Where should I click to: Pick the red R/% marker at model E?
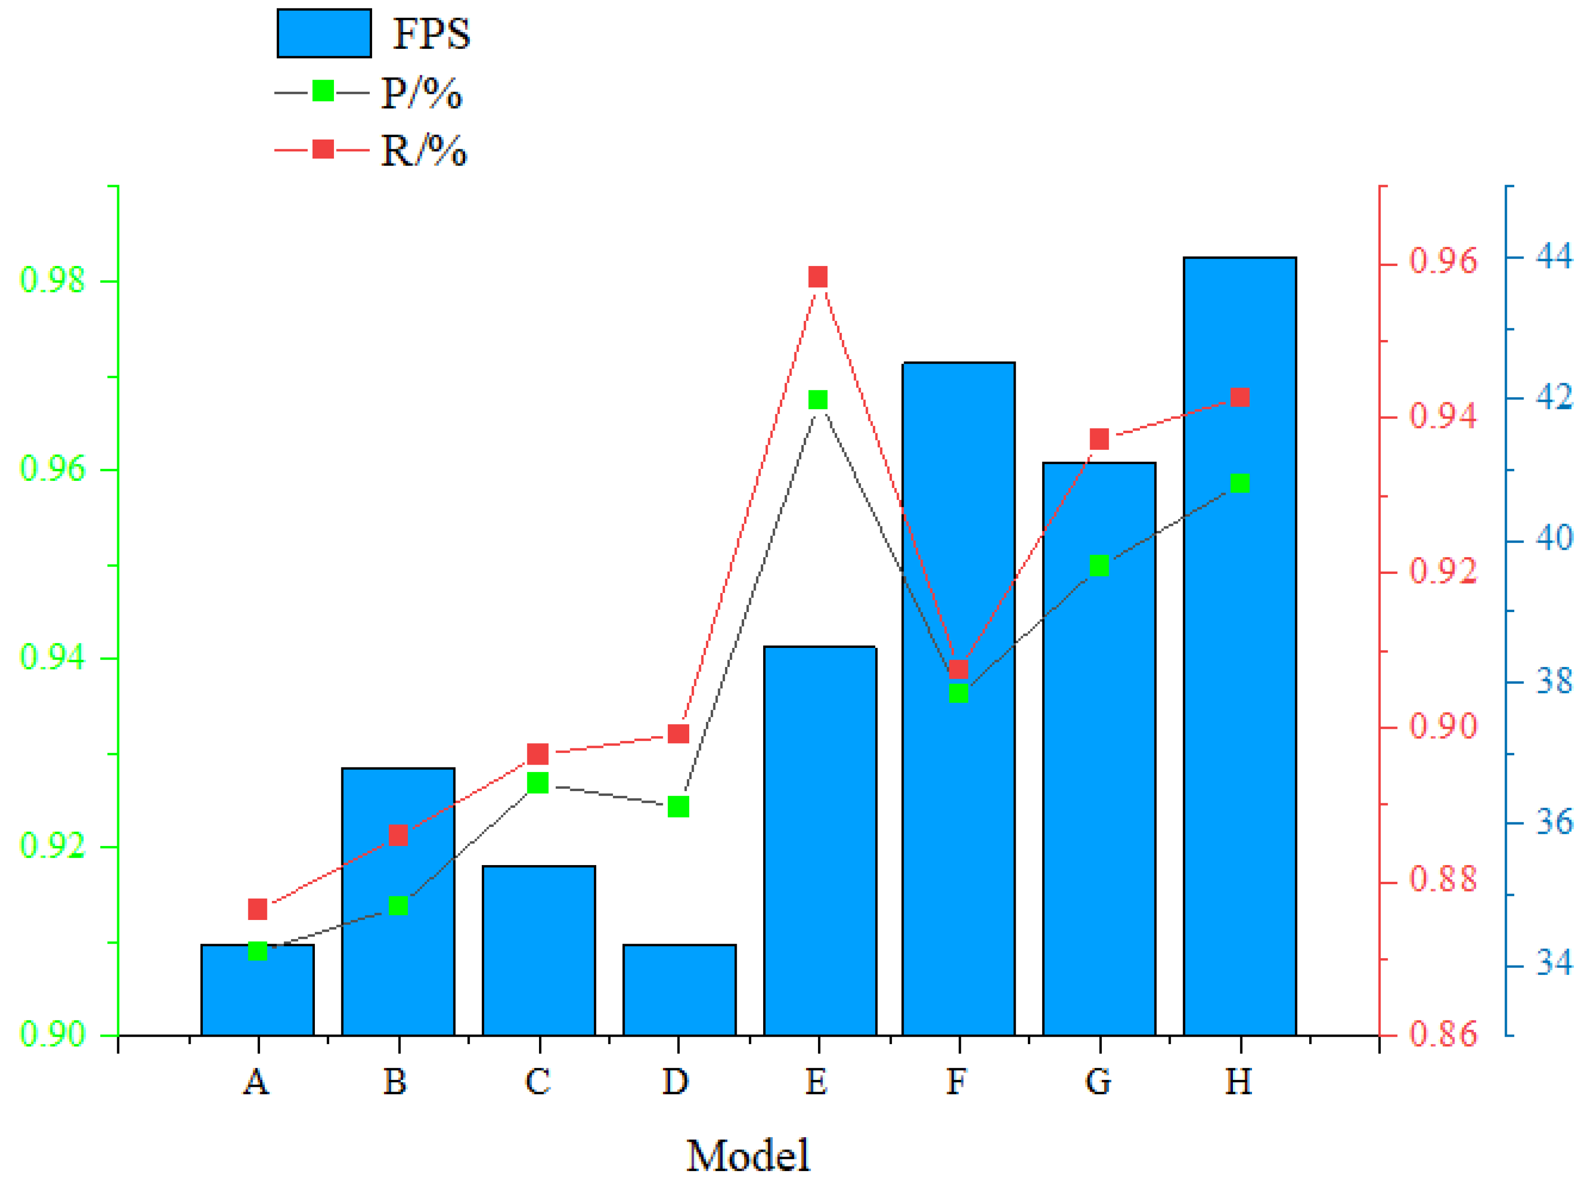click(x=818, y=277)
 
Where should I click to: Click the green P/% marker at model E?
click(x=818, y=400)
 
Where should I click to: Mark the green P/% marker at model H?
click(x=1239, y=484)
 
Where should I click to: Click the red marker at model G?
click(x=1099, y=440)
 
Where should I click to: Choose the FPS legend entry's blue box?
click(x=324, y=33)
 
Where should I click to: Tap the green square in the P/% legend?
click(x=323, y=91)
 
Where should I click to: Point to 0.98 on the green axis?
click(x=52, y=280)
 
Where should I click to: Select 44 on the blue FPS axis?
click(x=1553, y=256)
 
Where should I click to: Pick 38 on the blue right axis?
click(x=1553, y=680)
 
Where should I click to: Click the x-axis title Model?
click(x=748, y=1155)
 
